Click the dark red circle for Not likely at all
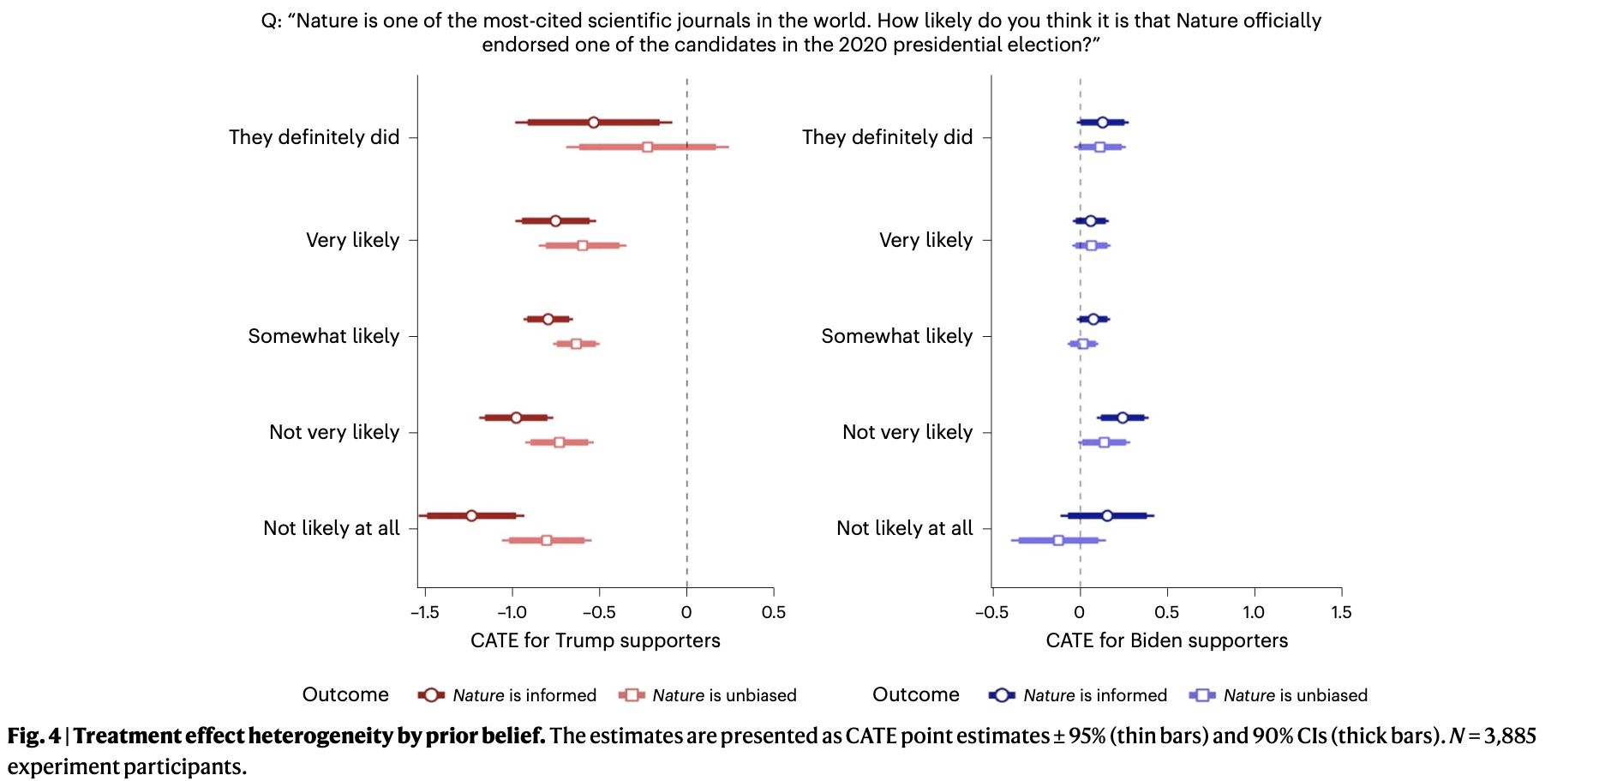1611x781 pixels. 471,515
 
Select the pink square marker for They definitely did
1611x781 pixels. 647,147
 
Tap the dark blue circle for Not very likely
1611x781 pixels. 1123,418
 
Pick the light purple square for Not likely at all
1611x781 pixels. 1058,540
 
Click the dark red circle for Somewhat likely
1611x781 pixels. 548,319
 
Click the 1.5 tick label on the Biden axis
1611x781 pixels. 1341,612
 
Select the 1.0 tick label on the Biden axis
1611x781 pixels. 1254,612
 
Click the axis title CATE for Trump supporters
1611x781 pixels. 595,640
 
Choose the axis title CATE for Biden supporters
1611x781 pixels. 1166,640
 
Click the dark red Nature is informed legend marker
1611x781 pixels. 431,695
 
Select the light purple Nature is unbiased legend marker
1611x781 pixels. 1202,695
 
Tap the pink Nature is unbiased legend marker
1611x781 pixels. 632,695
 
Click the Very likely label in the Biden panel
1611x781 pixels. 925,240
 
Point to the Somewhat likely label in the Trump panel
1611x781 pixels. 323,336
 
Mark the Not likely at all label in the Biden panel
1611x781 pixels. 904,528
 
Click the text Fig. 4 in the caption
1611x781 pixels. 34,736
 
